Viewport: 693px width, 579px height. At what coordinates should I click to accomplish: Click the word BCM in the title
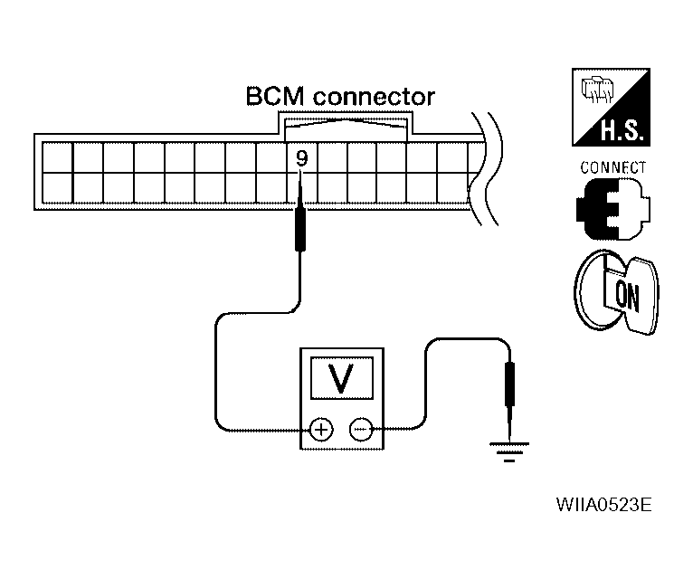[x=274, y=96]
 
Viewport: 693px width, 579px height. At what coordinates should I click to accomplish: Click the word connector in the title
[x=374, y=97]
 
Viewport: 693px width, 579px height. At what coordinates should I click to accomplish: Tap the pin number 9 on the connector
[x=302, y=158]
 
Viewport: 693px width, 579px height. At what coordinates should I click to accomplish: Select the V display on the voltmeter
[x=342, y=378]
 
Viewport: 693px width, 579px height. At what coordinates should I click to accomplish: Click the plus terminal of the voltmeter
[x=321, y=429]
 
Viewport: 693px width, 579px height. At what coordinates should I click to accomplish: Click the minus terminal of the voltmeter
[x=361, y=429]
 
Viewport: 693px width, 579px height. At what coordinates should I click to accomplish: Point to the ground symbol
[x=509, y=451]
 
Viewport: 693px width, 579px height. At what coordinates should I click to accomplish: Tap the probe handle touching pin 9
[x=300, y=229]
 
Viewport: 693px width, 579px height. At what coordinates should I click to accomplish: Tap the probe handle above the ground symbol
[x=510, y=384]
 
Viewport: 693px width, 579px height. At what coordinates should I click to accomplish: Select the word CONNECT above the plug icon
[x=612, y=168]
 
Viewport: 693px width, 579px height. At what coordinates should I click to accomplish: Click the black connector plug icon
[x=613, y=209]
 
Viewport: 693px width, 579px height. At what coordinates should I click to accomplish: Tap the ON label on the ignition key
[x=627, y=297]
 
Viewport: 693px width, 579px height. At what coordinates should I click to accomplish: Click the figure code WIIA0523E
[x=603, y=504]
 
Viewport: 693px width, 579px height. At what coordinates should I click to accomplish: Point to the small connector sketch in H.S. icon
[x=597, y=90]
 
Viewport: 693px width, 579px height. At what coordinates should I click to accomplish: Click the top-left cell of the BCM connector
[x=58, y=157]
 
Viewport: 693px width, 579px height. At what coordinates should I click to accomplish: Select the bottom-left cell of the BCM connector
[x=58, y=188]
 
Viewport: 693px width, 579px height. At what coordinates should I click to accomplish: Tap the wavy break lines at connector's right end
[x=485, y=169]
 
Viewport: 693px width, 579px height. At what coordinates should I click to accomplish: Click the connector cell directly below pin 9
[x=302, y=188]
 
